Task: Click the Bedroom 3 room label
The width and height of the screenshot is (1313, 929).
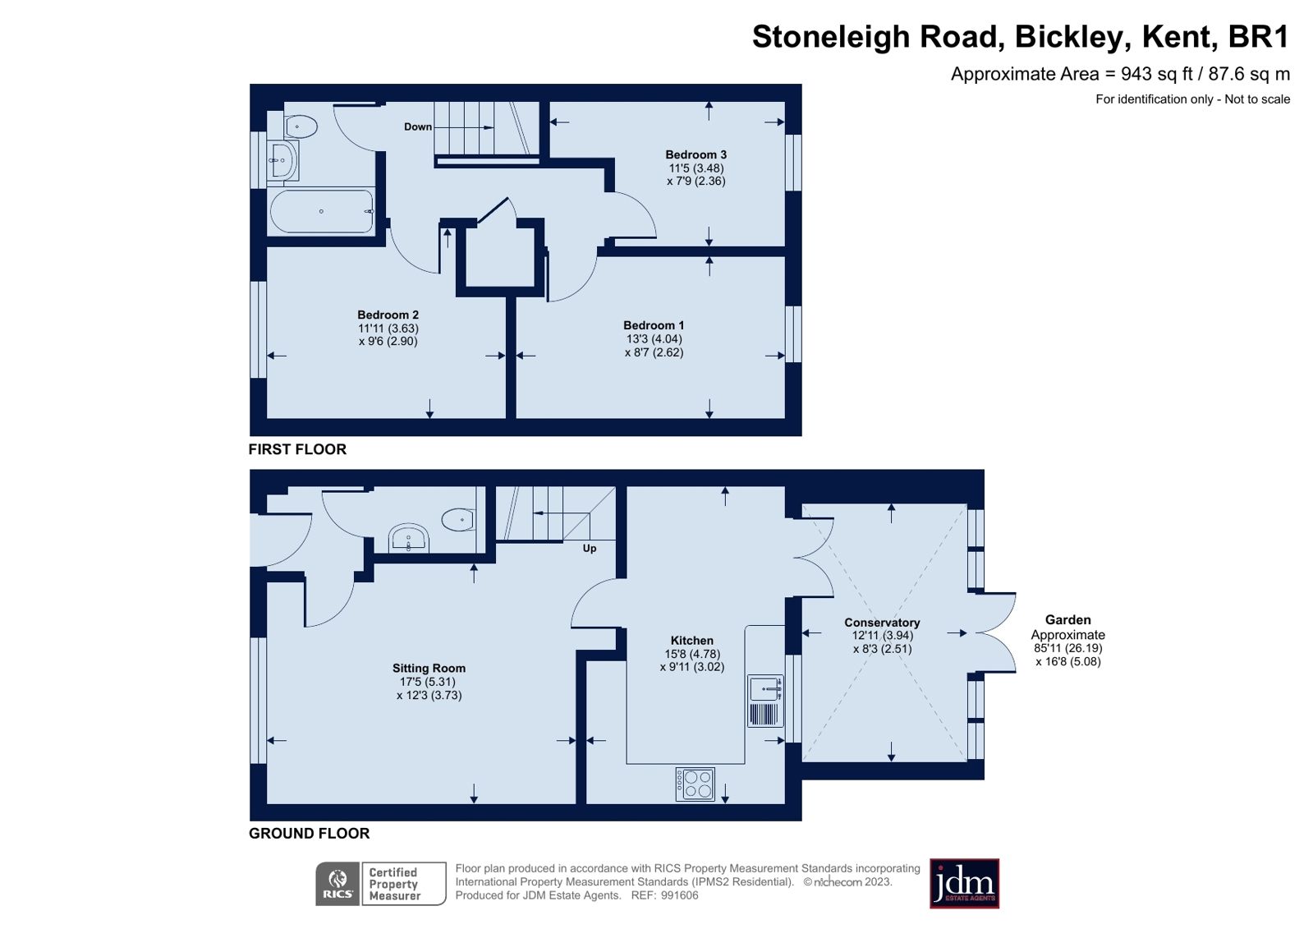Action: pos(696,154)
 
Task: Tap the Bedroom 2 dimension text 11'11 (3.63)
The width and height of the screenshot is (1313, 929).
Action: pos(388,329)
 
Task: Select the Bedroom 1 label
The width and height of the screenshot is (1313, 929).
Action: pos(653,325)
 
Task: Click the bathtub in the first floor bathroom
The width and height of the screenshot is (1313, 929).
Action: pos(322,211)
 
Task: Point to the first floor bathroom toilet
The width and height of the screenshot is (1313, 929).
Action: pos(301,126)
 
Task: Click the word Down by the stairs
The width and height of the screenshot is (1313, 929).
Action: pos(417,126)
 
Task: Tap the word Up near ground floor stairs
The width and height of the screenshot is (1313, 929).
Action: pos(589,548)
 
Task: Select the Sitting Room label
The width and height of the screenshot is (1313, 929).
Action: pos(429,669)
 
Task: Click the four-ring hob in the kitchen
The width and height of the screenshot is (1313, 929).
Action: pos(695,784)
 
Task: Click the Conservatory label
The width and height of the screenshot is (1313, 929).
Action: pos(882,623)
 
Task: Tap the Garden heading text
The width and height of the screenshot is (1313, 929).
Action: pos(1067,620)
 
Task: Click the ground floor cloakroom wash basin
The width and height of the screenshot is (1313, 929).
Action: pos(408,539)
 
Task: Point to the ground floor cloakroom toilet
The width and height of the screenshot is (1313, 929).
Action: pos(458,519)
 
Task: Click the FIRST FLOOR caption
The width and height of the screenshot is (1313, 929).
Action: pos(297,449)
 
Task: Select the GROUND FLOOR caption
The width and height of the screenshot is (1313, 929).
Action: pos(309,833)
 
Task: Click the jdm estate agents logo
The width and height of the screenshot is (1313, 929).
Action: pos(964,884)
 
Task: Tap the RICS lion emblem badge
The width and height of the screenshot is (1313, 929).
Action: pos(338,884)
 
